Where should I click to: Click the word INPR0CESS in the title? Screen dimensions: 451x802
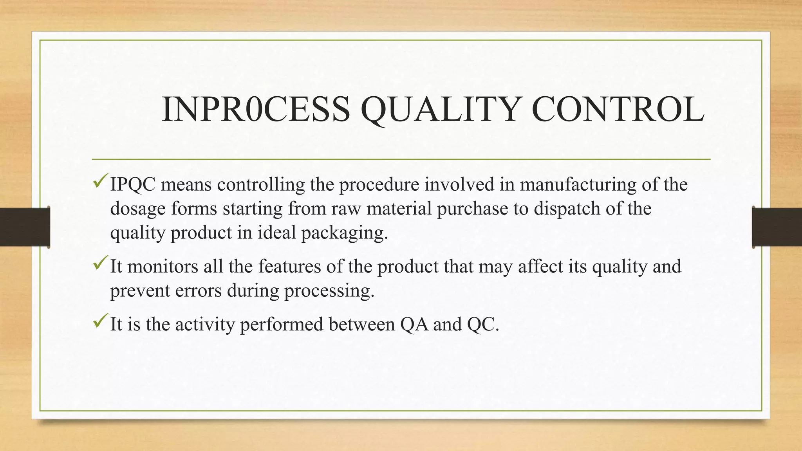pyautogui.click(x=256, y=110)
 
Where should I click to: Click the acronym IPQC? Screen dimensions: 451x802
pyautogui.click(x=133, y=185)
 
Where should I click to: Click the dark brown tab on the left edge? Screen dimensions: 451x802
pyautogui.click(x=25, y=227)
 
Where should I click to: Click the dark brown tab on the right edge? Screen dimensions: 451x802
pyautogui.click(x=777, y=227)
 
